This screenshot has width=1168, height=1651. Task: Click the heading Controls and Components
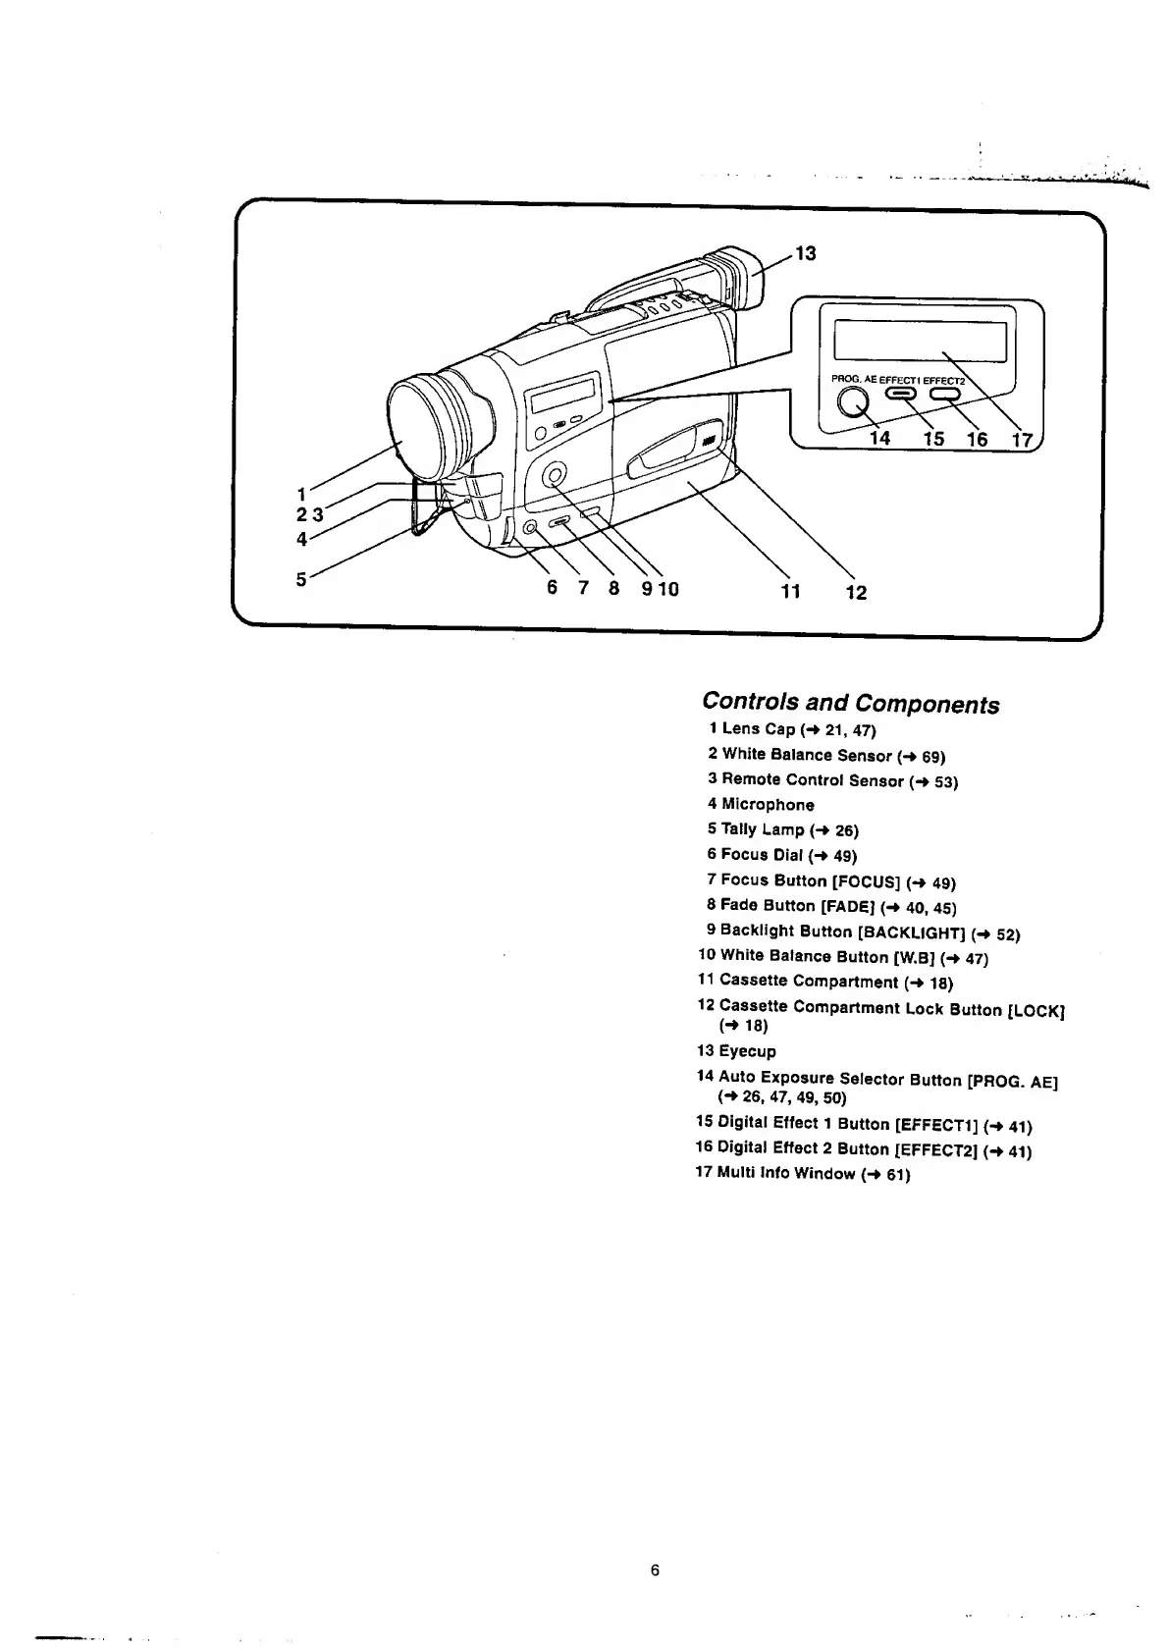(850, 703)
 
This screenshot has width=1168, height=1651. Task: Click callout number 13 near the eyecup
(805, 253)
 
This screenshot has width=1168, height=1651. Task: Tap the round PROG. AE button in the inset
(852, 402)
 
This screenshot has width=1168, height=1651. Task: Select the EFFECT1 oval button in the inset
(901, 394)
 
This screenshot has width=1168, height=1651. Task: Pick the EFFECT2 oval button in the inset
(944, 394)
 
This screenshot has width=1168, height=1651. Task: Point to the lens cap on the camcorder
(417, 428)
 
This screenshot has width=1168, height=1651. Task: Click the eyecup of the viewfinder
(741, 279)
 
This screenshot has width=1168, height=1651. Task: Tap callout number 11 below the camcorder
(790, 591)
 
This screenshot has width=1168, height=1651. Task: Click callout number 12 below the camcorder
(856, 592)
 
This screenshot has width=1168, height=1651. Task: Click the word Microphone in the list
(768, 805)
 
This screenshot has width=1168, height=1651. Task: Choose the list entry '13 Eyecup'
(736, 1051)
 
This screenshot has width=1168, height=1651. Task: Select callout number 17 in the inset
(1022, 439)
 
